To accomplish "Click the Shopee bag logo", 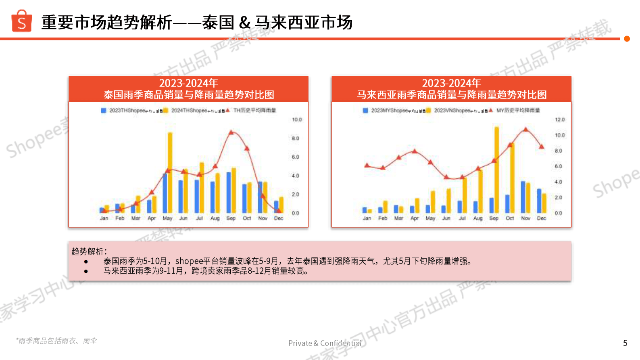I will [x=22, y=21].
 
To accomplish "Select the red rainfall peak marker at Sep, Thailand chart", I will [x=231, y=132].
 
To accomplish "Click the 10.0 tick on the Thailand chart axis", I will [x=297, y=119].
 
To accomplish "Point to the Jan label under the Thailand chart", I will [x=104, y=218].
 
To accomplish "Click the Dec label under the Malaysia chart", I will [x=541, y=218].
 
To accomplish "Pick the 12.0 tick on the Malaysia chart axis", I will [x=560, y=119].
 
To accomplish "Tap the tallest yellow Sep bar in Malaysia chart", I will [x=496, y=170].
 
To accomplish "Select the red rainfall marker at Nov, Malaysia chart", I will [x=525, y=130].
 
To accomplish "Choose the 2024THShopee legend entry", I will [x=194, y=111].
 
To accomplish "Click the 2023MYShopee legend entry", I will [x=394, y=111].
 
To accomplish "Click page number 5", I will [x=625, y=343].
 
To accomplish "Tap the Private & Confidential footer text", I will [x=325, y=343].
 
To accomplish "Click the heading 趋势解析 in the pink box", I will [x=89, y=251].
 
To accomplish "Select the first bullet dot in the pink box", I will [x=86, y=262].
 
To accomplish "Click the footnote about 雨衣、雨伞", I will [x=56, y=341].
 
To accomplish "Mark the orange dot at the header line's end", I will [x=627, y=39].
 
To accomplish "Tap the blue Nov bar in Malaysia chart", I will [x=523, y=197].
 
